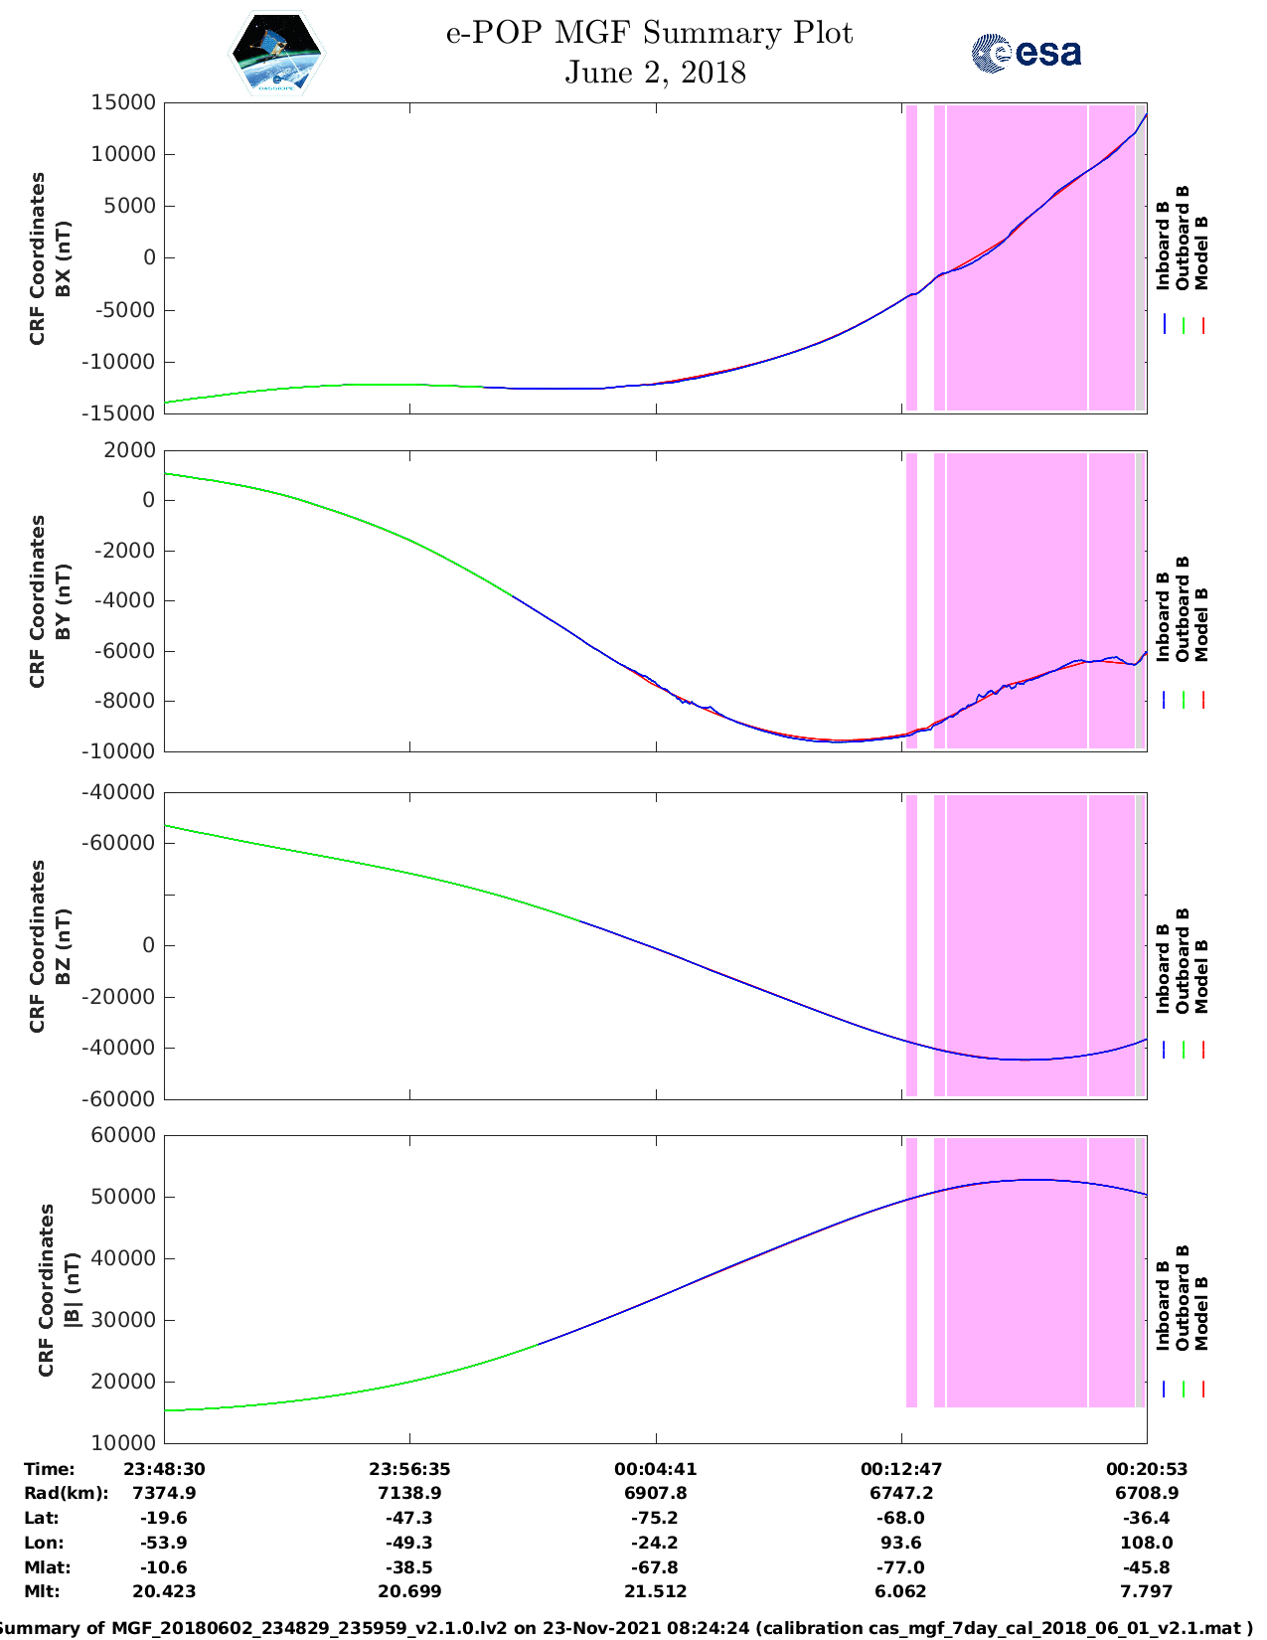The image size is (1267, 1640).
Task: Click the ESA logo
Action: pyautogui.click(x=1026, y=53)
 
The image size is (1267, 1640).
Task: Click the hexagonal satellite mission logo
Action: pyautogui.click(x=277, y=54)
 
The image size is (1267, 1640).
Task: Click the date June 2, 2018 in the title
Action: pyautogui.click(x=655, y=73)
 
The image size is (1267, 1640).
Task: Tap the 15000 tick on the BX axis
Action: pyautogui.click(x=123, y=102)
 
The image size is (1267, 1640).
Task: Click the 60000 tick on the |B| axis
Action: pyautogui.click(x=123, y=1135)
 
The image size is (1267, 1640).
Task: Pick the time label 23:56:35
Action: pyautogui.click(x=409, y=1468)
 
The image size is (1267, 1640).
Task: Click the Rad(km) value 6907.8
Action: pyautogui.click(x=655, y=1493)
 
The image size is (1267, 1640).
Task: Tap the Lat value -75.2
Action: pyautogui.click(x=655, y=1518)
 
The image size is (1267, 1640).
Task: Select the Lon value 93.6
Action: pyautogui.click(x=901, y=1543)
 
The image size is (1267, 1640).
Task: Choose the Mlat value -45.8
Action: pyautogui.click(x=1147, y=1567)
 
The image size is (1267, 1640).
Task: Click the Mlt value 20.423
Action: pyautogui.click(x=164, y=1591)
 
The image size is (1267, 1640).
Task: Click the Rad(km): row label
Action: pyautogui.click(x=66, y=1493)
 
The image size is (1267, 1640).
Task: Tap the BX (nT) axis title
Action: pyautogui.click(x=63, y=258)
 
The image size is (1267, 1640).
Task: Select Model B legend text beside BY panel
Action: pyautogui.click(x=1201, y=624)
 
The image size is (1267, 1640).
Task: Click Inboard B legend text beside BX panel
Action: pyautogui.click(x=1164, y=246)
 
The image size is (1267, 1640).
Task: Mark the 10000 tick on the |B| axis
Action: pyautogui.click(x=123, y=1443)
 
